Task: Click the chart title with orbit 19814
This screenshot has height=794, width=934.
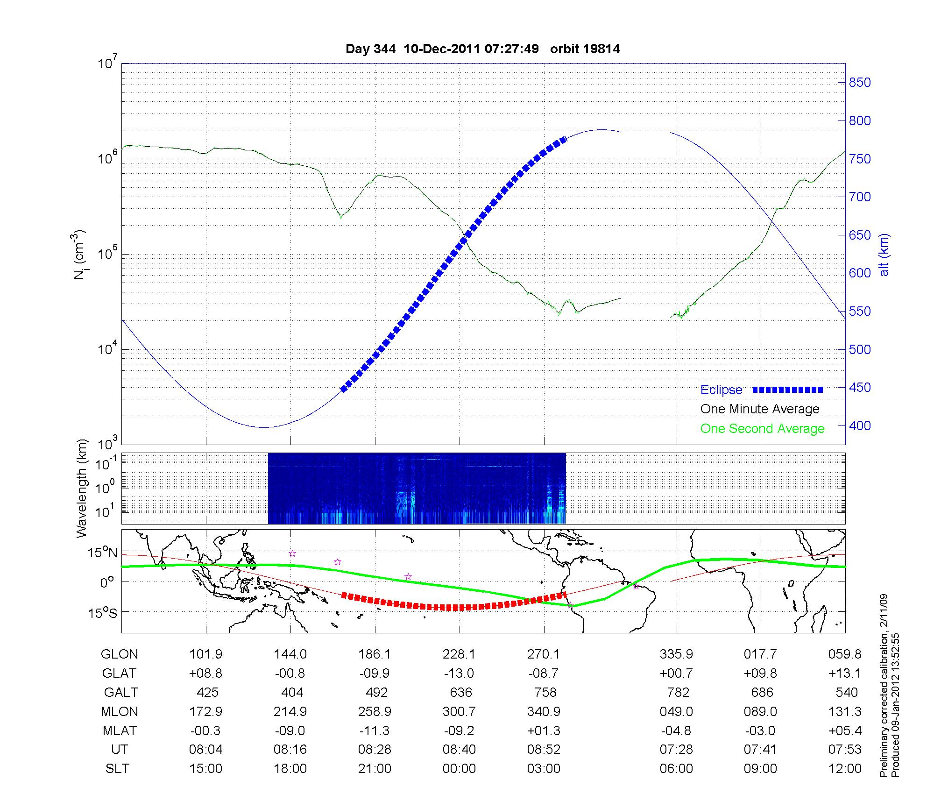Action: pyautogui.click(x=482, y=49)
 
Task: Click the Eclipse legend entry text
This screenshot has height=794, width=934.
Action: pyautogui.click(x=721, y=390)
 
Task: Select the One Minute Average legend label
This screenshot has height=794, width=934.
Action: pyautogui.click(x=760, y=409)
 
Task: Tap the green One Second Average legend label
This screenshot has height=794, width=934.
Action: pyautogui.click(x=762, y=429)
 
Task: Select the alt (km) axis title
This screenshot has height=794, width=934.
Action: pyautogui.click(x=884, y=255)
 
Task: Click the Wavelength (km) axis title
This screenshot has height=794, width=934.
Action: pyautogui.click(x=82, y=488)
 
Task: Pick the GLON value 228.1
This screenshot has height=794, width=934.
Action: pyautogui.click(x=459, y=654)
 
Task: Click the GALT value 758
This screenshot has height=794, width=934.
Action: pyautogui.click(x=545, y=692)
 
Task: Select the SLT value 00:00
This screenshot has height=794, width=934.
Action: pyautogui.click(x=459, y=768)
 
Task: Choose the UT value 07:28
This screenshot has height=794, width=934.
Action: pyautogui.click(x=676, y=749)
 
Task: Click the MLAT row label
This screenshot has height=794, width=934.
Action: pyautogui.click(x=120, y=730)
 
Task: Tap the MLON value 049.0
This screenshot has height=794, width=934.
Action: pyautogui.click(x=676, y=711)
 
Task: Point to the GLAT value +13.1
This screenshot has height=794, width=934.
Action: pyautogui.click(x=845, y=673)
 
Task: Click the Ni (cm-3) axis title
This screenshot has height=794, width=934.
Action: pyautogui.click(x=80, y=255)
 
